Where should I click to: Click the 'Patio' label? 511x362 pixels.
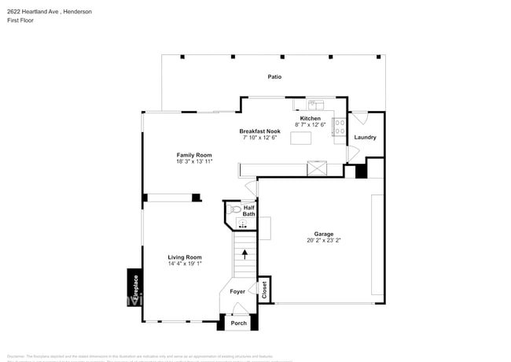(x=274, y=77)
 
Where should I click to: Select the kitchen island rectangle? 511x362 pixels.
(x=301, y=138)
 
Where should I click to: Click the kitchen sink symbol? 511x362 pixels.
(x=312, y=103)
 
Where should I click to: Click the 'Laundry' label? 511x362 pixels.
(x=365, y=137)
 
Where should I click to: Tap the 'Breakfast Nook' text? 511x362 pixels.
(x=259, y=131)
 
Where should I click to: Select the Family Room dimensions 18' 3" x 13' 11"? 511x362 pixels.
(x=194, y=161)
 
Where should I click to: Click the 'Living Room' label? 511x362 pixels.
(x=185, y=257)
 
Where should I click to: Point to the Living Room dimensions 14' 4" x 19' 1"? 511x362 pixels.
(x=185, y=264)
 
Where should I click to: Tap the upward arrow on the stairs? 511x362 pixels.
(x=244, y=254)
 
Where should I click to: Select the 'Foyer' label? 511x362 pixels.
(x=237, y=292)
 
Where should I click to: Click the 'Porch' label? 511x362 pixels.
(x=238, y=323)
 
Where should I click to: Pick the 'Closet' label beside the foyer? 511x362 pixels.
(x=264, y=289)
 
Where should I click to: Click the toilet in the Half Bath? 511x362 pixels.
(x=233, y=210)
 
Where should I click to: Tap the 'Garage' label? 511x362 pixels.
(x=323, y=234)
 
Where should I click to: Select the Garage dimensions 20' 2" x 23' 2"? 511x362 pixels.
(x=323, y=241)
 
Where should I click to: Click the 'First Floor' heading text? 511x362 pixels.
(x=20, y=22)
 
